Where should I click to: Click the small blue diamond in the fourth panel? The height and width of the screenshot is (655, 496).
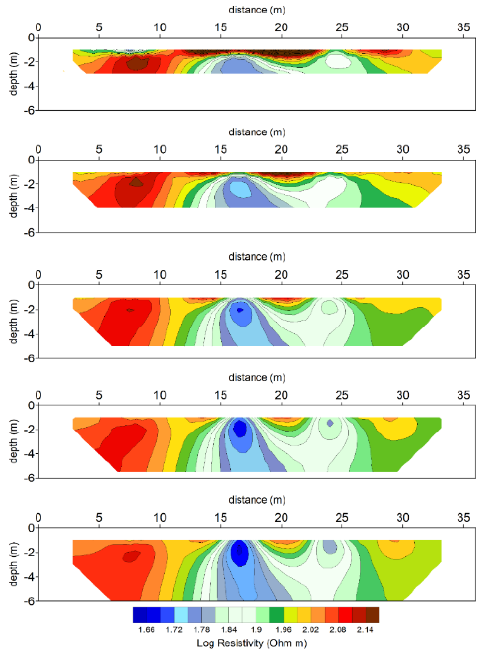(330, 423)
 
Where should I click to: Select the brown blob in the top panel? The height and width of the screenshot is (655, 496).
(138, 63)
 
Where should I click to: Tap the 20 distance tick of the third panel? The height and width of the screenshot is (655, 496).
(281, 275)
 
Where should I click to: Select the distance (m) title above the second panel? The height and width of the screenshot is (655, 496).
(257, 132)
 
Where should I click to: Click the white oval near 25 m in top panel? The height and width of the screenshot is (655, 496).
(338, 61)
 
